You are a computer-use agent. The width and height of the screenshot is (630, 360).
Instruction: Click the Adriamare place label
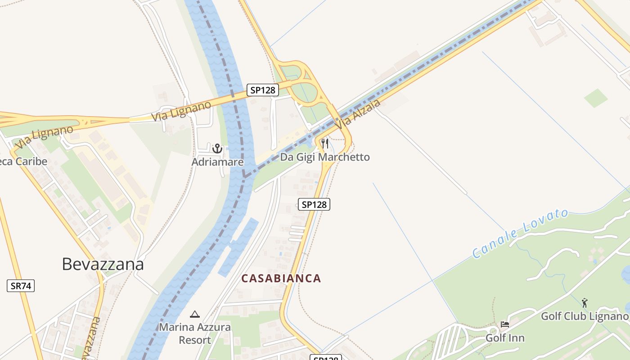(217, 162)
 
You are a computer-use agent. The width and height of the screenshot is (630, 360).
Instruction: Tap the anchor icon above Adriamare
(217, 148)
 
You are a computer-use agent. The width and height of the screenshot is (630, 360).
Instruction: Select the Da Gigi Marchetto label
(325, 157)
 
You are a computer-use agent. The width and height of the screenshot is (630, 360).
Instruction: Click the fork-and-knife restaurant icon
(325, 144)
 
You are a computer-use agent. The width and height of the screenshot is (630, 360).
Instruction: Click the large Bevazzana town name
(103, 264)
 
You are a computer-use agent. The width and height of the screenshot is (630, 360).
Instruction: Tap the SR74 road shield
(21, 285)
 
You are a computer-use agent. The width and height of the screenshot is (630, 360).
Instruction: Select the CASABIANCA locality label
(281, 279)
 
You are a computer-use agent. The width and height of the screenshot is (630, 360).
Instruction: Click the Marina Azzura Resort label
(195, 333)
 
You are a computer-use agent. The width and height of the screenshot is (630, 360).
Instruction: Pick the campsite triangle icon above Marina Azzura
(194, 314)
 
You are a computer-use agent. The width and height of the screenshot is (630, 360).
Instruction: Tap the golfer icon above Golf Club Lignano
(585, 303)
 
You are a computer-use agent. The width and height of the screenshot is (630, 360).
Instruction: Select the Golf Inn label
(505, 337)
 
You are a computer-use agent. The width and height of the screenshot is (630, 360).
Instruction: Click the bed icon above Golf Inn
(505, 324)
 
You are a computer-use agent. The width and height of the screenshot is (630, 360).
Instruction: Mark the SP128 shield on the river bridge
(263, 90)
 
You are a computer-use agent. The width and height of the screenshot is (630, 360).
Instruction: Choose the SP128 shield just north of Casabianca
(314, 204)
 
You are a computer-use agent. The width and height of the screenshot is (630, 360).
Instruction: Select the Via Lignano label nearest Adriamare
(181, 111)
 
